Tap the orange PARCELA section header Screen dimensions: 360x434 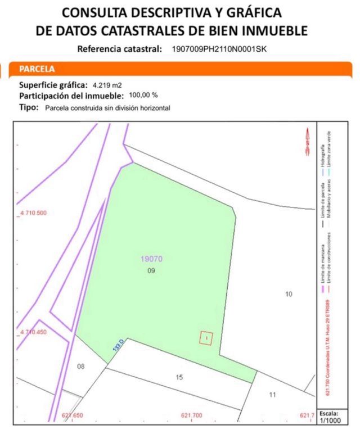(x=37, y=70)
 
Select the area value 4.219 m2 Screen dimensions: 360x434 (x=107, y=85)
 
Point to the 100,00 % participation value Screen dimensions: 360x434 (x=143, y=96)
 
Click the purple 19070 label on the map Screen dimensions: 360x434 (x=151, y=260)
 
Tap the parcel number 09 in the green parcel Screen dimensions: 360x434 (x=151, y=270)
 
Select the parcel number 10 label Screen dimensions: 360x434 (x=289, y=294)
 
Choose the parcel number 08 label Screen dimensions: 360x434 (x=81, y=367)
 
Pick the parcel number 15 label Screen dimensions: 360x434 (x=179, y=377)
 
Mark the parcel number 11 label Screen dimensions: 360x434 (x=272, y=395)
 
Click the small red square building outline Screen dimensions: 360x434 (x=207, y=337)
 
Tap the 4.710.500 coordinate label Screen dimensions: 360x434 (x=33, y=213)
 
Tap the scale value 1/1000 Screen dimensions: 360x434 (x=336, y=419)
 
